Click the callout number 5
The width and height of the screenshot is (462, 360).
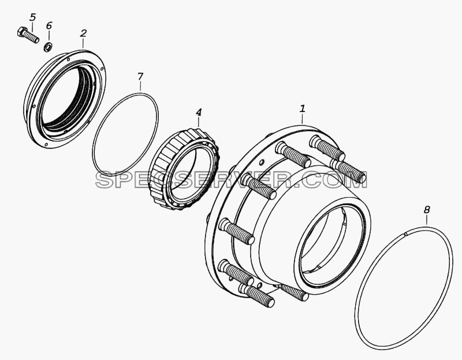pos(33,17)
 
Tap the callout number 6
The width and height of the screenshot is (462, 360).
pos(49,25)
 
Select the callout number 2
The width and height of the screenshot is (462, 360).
pos(83,34)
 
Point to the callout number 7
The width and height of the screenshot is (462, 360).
pos(140,77)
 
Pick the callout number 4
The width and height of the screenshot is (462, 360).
pos(199,112)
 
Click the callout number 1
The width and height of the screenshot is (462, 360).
pos(302,109)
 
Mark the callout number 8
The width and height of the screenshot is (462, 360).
pos(427,210)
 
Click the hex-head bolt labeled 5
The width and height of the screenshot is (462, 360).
pos(28,35)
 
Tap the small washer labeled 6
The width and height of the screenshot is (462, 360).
pos(49,47)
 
